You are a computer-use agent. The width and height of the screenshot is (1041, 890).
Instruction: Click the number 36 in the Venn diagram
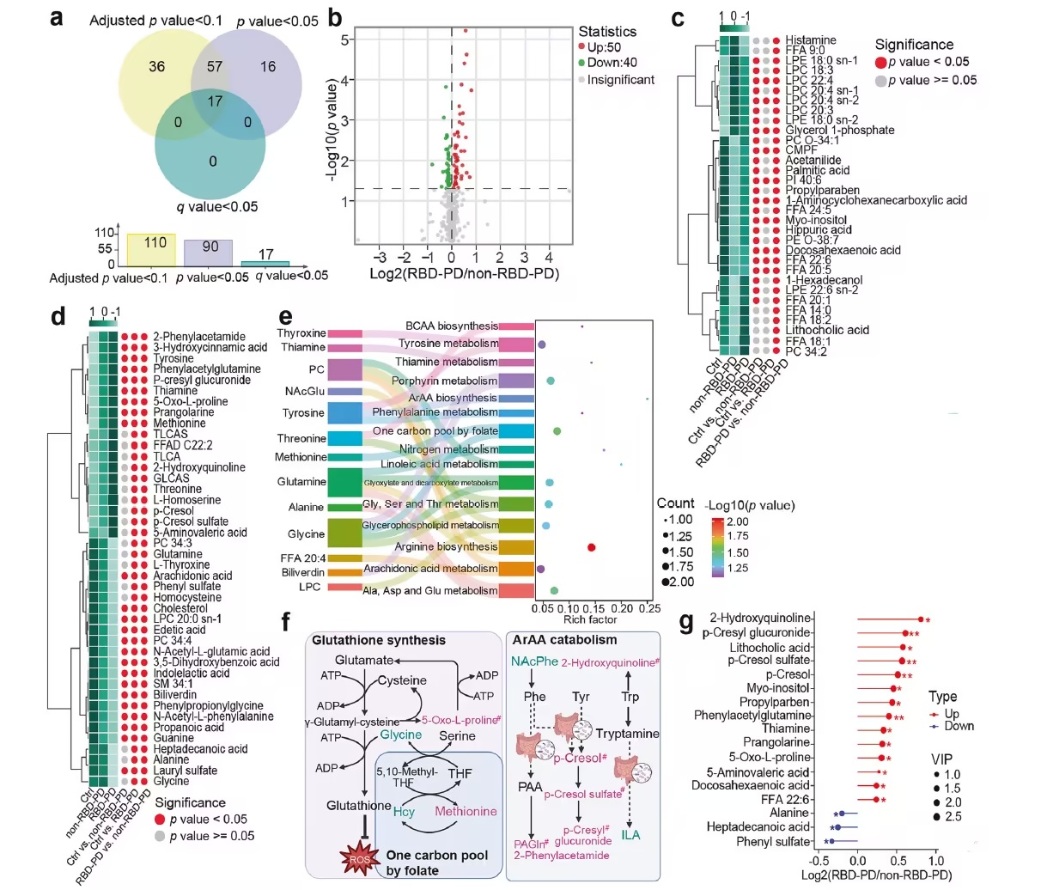coord(156,66)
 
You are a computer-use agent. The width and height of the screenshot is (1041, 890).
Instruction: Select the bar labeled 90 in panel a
coord(208,252)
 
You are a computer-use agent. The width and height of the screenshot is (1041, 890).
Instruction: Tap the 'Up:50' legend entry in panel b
coord(600,48)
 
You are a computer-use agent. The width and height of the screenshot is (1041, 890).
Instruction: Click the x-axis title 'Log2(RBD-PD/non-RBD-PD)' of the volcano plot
coord(464,274)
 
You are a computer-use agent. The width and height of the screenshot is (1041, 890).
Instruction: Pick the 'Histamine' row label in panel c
coord(810,40)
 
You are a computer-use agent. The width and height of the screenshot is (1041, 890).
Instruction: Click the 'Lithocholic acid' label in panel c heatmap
coord(826,330)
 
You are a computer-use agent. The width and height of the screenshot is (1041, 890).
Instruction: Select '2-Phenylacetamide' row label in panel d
coord(199,337)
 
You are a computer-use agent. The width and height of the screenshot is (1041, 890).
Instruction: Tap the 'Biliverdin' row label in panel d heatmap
coord(174,694)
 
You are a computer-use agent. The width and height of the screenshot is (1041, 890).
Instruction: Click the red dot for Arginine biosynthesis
coord(591,547)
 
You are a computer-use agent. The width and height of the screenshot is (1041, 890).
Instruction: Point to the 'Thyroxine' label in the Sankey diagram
coord(301,333)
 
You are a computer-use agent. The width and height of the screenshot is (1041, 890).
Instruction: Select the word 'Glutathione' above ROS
coord(359,806)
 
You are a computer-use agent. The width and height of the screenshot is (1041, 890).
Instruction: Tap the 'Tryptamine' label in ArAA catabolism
coord(628,734)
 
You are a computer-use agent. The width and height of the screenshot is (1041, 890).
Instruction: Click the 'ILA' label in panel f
coord(630,835)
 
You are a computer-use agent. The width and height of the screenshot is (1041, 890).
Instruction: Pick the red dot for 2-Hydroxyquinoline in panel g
coord(921,619)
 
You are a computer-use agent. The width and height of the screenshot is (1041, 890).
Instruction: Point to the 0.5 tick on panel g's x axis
coord(897,861)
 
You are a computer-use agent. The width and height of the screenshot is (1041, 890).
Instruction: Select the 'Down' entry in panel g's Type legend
coord(959,726)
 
